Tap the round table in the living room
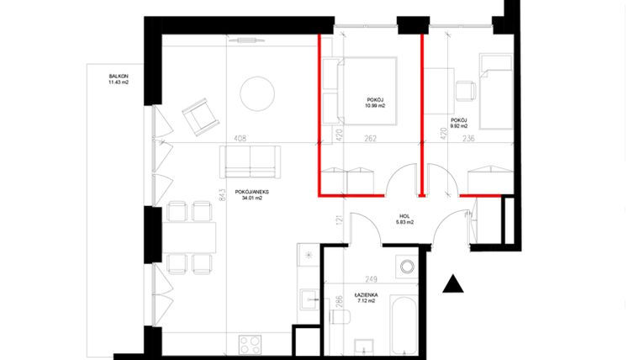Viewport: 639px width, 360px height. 257,94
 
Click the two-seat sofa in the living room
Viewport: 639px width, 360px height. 251,161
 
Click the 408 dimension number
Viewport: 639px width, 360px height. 240,140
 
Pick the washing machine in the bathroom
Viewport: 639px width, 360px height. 407,267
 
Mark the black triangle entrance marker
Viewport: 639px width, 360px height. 453,283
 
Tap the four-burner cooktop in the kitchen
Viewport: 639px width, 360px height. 251,343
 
